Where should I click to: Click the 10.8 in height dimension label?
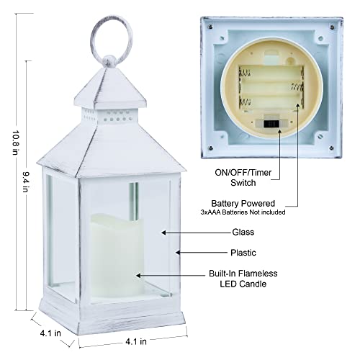click(16, 143)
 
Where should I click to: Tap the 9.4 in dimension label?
click(26, 181)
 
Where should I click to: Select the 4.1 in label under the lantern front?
click(136, 341)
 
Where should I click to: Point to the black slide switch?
click(271, 124)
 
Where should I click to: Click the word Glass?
click(243, 232)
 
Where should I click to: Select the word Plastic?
click(243, 253)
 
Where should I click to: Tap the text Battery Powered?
click(243, 203)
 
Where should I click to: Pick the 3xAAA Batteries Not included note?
click(243, 212)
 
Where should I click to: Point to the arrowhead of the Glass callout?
click(163, 233)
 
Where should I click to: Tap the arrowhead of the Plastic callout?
click(178, 253)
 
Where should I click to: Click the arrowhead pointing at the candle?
click(138, 276)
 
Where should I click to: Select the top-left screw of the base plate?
click(210, 26)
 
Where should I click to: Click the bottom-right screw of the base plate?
click(331, 148)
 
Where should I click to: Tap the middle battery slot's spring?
click(297, 87)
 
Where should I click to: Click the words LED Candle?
click(243, 284)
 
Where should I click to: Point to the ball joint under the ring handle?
click(109, 61)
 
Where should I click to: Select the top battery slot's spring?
click(245, 73)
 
